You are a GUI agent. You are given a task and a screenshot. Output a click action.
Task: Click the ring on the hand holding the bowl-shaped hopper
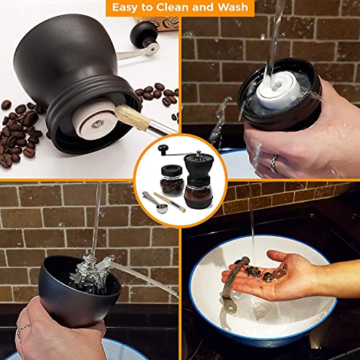(22, 332)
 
